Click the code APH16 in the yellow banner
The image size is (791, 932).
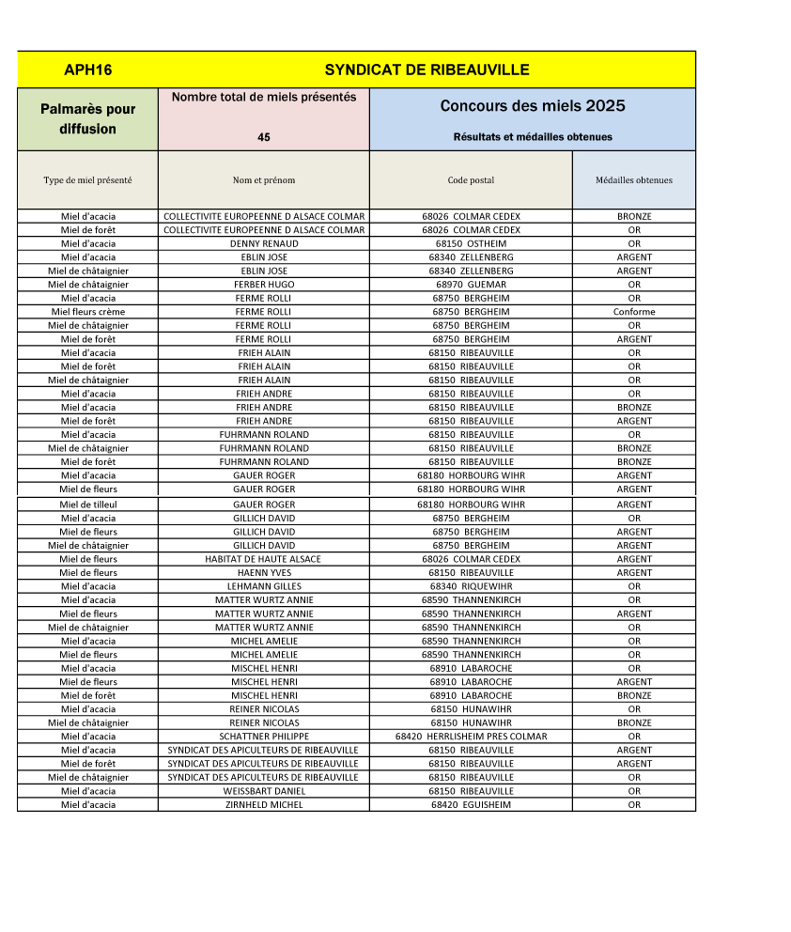[88, 70]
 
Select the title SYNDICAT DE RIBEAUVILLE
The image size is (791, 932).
[427, 70]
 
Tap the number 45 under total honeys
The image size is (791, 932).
[264, 137]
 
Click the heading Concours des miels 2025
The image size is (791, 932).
[533, 106]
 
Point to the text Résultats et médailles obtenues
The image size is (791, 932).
[533, 137]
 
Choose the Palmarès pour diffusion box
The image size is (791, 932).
[87, 119]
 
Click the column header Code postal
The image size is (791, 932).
[471, 180]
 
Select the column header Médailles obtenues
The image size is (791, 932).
[634, 180]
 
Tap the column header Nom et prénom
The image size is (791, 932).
[264, 180]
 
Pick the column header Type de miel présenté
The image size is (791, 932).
[87, 180]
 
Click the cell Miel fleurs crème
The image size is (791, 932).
[87, 312]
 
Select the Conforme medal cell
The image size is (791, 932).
[634, 312]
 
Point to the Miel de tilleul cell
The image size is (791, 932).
[87, 505]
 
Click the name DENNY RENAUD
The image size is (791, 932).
[264, 243]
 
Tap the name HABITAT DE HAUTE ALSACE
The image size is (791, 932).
[264, 559]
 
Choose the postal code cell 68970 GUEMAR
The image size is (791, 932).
[471, 285]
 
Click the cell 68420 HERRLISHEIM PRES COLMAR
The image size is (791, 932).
[471, 737]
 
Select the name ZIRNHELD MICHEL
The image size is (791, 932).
[264, 805]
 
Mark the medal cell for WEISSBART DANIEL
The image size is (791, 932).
[634, 791]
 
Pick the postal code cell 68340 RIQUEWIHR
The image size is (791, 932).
[471, 586]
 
